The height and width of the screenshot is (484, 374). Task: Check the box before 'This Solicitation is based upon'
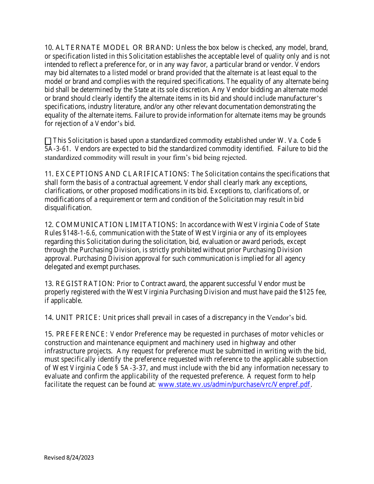(x=48, y=141)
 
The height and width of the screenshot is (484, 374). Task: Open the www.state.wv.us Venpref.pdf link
(x=234, y=384)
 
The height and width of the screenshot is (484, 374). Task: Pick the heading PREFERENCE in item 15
(x=80, y=334)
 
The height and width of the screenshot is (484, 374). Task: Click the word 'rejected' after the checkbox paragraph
(x=234, y=157)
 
